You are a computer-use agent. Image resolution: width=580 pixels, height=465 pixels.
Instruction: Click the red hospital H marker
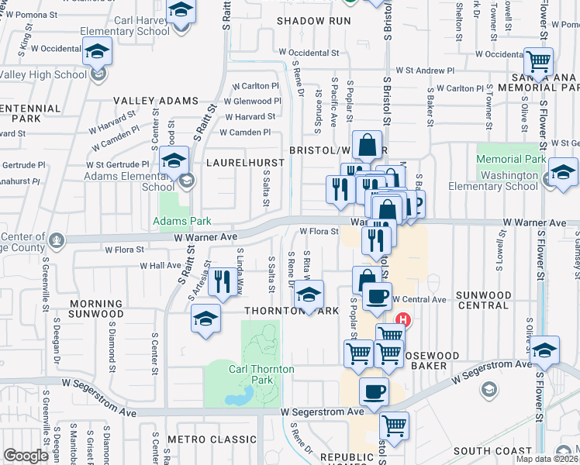(x=403, y=319)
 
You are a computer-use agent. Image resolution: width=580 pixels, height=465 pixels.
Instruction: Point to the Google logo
(x=26, y=456)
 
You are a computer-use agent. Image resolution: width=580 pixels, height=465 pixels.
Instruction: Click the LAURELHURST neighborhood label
(x=246, y=163)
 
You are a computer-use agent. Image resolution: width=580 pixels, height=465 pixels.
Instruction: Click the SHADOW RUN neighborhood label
(x=314, y=20)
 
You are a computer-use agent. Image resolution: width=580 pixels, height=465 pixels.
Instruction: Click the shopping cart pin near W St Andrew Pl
(x=538, y=61)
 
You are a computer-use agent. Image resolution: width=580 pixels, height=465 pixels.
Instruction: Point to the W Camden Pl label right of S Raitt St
(x=244, y=133)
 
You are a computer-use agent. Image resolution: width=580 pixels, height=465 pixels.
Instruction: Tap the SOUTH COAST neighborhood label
(x=491, y=451)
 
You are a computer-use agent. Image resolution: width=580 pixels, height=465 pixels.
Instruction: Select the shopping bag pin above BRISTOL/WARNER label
(x=367, y=144)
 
